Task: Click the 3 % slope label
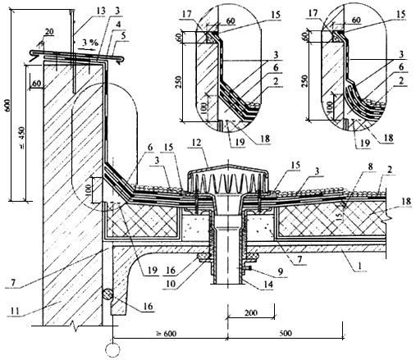[x=90, y=43]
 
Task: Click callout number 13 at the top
[x=101, y=11]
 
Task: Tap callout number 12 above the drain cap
[x=196, y=143]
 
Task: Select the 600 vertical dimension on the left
[x=7, y=105]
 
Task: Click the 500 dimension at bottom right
[x=286, y=334]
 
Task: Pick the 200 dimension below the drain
[x=251, y=312]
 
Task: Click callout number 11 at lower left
[x=16, y=311]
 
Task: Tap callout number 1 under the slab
[x=360, y=266]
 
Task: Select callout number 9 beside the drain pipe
[x=280, y=272]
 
